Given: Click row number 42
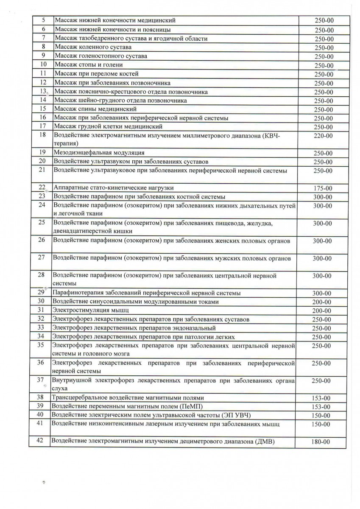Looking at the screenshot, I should [40, 440].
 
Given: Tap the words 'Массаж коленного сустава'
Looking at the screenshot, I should [93, 47].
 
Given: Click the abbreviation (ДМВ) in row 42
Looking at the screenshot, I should [266, 442].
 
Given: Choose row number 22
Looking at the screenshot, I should [42, 187].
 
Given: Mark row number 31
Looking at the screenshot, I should [41, 310].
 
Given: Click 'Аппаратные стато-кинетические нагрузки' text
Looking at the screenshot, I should [114, 187].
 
